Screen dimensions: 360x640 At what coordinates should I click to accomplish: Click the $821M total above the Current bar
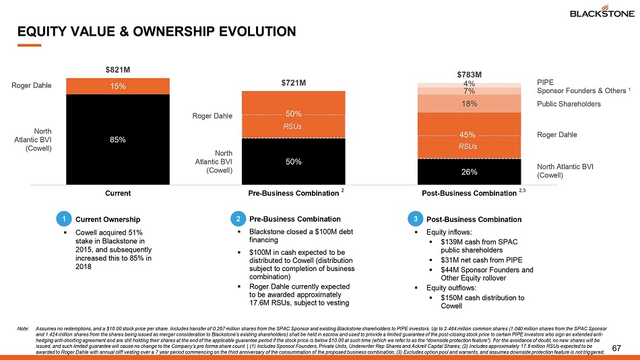(118, 69)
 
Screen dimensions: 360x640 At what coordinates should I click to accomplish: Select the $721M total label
(294, 83)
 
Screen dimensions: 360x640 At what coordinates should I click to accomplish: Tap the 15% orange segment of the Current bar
(118, 86)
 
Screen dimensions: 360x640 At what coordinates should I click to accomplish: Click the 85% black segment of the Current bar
(118, 139)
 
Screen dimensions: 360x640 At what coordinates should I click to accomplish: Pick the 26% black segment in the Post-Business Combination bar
(470, 171)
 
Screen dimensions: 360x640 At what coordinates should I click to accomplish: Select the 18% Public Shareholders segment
(470, 104)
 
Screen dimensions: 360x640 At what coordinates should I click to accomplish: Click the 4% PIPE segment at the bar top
(470, 84)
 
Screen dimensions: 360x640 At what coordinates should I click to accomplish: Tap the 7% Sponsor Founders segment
(470, 91)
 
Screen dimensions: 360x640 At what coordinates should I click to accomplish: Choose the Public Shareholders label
(569, 104)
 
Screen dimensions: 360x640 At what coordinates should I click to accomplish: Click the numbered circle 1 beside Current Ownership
(63, 219)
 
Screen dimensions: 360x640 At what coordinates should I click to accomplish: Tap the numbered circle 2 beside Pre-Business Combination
(238, 219)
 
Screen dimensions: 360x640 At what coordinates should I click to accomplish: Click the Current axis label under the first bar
(118, 194)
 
